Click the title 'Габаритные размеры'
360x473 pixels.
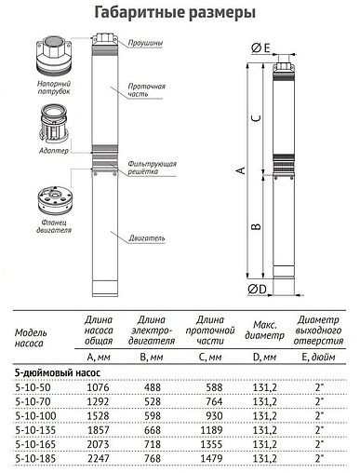click(179, 12)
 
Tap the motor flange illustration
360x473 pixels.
click(45, 198)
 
